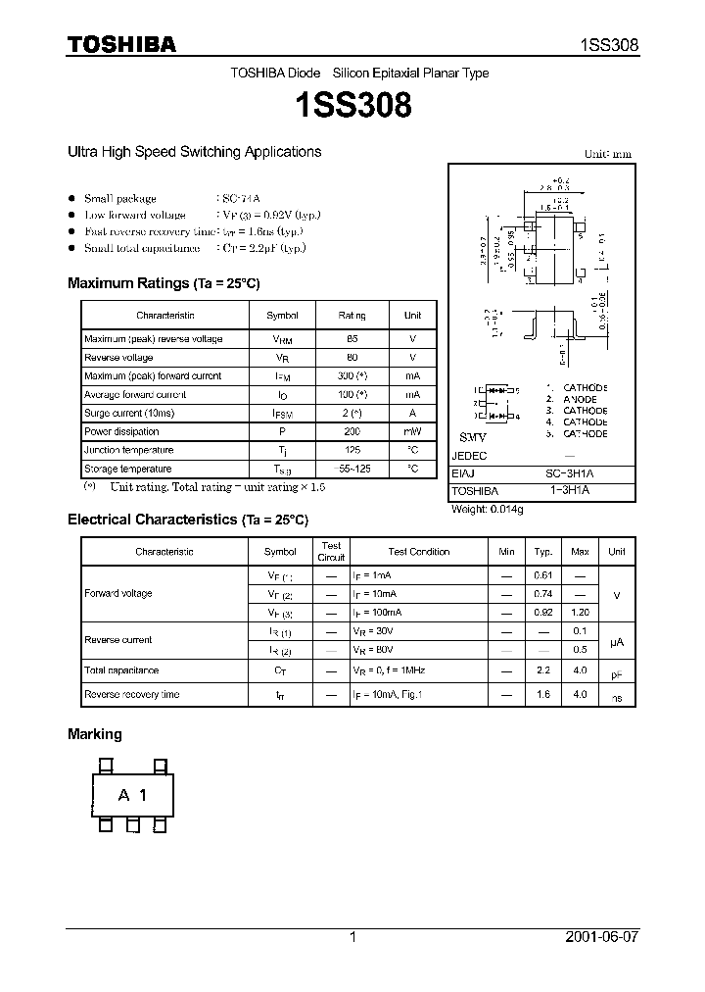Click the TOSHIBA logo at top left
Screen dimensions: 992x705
121,44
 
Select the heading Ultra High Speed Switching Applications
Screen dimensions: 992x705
194,152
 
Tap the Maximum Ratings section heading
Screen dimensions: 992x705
164,283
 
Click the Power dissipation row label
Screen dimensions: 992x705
121,431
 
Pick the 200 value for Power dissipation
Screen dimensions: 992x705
352,431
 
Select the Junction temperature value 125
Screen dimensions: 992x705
352,450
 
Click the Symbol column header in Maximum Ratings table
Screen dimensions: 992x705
282,316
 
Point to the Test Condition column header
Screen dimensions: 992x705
418,552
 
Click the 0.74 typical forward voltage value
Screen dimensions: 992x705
542,594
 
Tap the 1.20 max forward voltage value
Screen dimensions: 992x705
580,612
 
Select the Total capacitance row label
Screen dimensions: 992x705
121,670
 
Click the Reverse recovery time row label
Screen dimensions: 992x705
131,695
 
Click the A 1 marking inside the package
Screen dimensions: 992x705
132,795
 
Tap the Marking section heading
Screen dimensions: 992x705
95,734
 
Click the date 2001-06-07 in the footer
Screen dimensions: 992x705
601,937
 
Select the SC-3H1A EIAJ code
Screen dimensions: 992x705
576,472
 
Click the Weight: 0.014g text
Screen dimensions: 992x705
487,510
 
